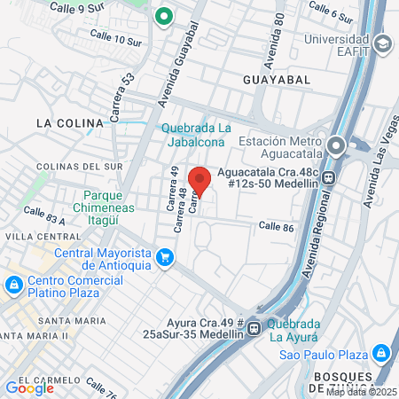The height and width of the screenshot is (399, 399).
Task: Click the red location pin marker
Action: [200, 180]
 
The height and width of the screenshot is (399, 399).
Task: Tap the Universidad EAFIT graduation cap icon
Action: [382, 43]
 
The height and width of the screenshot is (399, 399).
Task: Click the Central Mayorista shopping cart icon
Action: [164, 258]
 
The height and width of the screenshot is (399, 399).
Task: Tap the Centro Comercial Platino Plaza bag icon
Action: [13, 286]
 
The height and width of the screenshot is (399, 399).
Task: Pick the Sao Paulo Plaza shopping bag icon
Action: [380, 353]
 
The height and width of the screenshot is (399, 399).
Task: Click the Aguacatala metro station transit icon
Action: [330, 175]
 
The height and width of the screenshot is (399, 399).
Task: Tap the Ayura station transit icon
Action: [254, 328]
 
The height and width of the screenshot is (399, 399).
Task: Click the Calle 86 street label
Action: [276, 227]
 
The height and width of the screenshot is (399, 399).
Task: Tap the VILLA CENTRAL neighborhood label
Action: [36, 237]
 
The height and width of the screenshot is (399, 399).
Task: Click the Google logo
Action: [29, 387]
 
